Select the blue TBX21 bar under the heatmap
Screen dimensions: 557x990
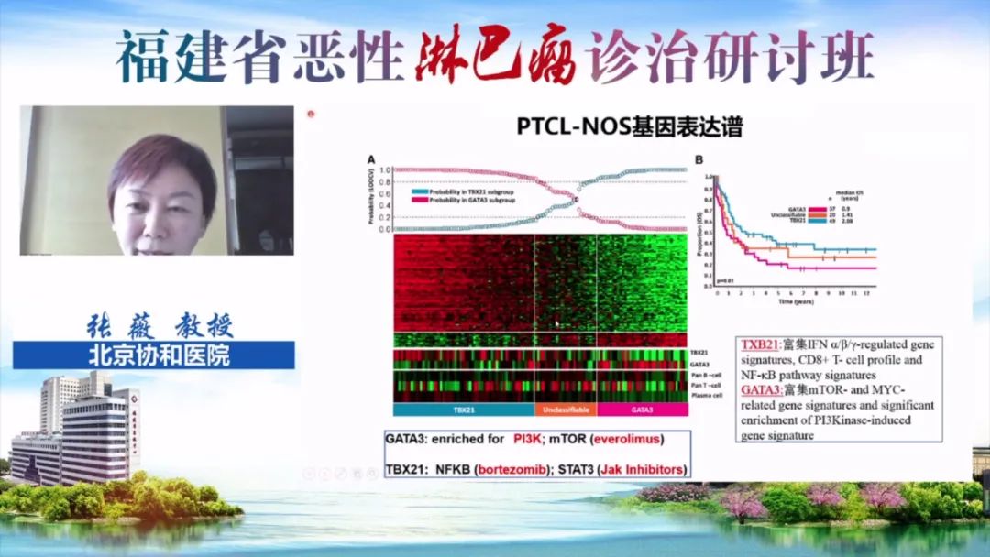(463, 410)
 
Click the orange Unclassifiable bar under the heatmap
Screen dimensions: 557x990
(565, 410)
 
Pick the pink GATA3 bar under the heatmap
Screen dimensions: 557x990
(641, 410)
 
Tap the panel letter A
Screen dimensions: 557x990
(371, 159)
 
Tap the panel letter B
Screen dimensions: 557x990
(699, 159)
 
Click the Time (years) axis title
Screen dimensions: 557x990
(794, 300)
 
